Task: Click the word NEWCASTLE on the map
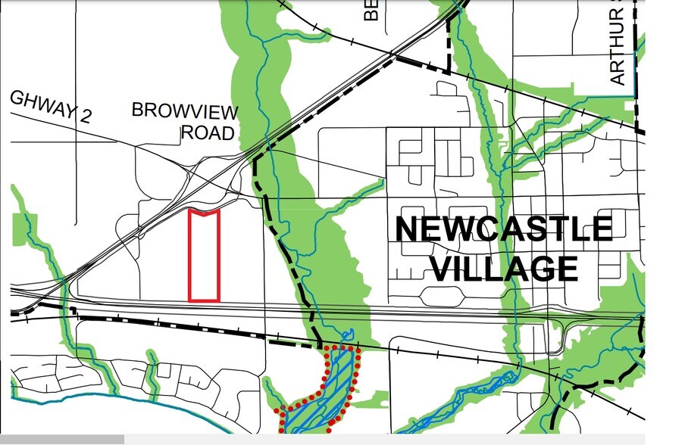504,229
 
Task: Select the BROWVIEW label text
185,111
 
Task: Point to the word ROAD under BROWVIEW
208,133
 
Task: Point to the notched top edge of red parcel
204,213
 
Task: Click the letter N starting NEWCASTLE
409,229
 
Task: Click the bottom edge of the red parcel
204,300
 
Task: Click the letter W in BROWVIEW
180,111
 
